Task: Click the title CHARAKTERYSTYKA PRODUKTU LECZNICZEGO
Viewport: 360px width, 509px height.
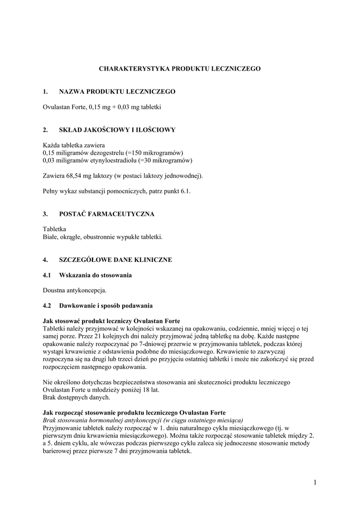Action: (180, 69)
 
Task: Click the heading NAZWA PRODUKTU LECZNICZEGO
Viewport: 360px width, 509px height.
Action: (117, 92)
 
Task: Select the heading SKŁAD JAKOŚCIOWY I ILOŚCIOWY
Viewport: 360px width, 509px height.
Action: (117, 130)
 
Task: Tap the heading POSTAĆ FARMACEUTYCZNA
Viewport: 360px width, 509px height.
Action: (106, 214)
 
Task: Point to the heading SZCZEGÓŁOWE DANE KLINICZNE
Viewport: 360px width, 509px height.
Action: (115, 260)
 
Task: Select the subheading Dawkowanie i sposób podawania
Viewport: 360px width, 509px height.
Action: (106, 305)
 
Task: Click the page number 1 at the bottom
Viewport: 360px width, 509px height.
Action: (315, 482)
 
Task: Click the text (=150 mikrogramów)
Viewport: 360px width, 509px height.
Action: (154, 153)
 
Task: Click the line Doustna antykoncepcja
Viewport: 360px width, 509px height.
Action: (75, 290)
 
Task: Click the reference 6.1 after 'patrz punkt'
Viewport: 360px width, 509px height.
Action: (185, 191)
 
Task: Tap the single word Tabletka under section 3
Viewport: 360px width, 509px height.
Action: (55, 229)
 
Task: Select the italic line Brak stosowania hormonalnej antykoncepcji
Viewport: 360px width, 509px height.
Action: (143, 420)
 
